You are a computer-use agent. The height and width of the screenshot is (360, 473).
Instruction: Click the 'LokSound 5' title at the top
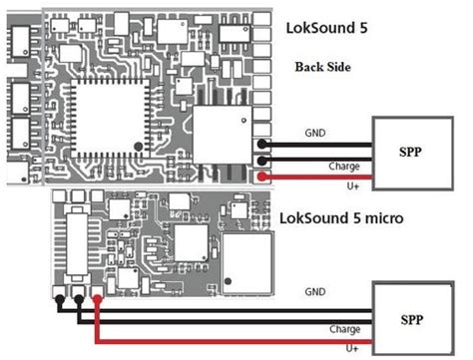[x=326, y=28]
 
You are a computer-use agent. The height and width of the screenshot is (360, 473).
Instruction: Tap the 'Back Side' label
[x=322, y=67]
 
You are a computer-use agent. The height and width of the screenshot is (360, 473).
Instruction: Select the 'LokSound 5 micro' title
[x=341, y=218]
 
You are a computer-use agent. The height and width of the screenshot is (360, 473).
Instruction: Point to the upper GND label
[x=315, y=133]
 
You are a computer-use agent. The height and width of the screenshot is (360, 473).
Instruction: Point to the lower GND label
[x=315, y=292]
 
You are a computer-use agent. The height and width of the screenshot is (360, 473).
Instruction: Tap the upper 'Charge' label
[x=344, y=167]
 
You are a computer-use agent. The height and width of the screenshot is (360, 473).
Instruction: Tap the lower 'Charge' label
[x=345, y=329]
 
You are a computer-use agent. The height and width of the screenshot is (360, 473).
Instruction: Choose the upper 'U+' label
[x=353, y=186]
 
